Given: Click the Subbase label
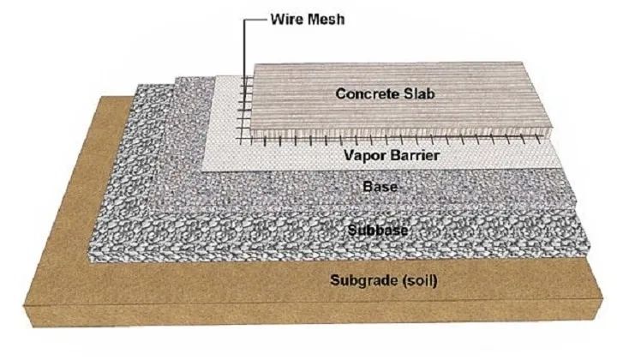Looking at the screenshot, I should pyautogui.click(x=378, y=229).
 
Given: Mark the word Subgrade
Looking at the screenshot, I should pyautogui.click(x=358, y=281).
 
